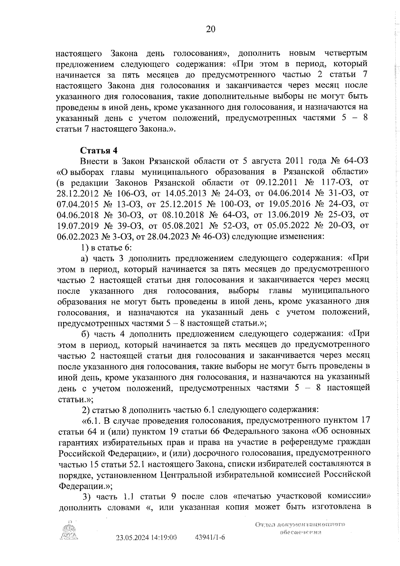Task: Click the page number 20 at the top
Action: tap(211, 29)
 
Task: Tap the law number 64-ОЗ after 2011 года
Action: tap(356, 161)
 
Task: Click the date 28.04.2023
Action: tap(167, 236)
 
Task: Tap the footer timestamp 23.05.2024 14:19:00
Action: tap(146, 547)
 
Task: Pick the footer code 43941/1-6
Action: tap(210, 547)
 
